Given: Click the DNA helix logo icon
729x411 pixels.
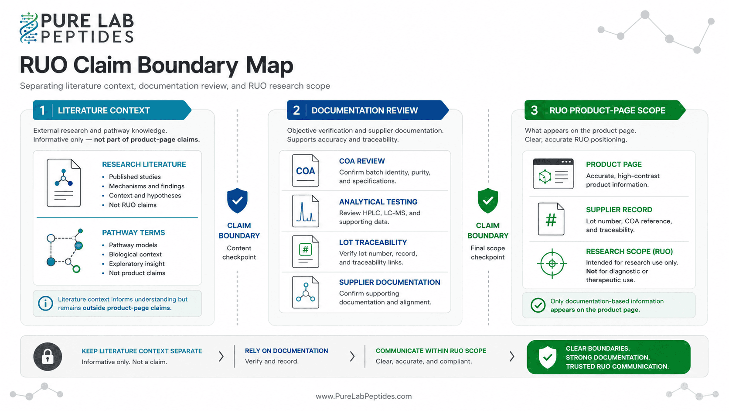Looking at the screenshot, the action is coord(29,28).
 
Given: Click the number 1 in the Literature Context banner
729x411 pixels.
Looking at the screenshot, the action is coord(42,111).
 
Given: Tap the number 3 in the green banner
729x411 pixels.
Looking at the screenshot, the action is coord(534,111).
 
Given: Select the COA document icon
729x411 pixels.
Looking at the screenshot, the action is coord(305,170).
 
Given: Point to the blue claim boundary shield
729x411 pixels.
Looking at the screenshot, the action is coord(237,200).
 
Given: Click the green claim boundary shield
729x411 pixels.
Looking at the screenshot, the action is coord(487,200).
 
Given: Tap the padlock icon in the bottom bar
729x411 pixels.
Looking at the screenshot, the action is coord(48,356).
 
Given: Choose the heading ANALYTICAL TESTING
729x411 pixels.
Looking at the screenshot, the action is coord(378,202).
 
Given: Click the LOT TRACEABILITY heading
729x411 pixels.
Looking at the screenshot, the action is coord(373,242).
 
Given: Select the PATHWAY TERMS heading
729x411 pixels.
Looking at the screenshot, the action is coord(133,233).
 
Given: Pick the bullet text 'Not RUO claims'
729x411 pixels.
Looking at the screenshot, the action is coord(133,205).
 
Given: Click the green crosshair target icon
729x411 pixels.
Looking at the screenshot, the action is coord(552,264).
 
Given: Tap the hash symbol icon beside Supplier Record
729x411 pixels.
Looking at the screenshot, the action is coord(551,219).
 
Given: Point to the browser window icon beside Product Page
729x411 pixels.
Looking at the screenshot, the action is coord(553,174).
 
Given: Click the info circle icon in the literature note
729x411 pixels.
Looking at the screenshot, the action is coord(45,304).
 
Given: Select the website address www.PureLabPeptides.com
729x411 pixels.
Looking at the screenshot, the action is coord(364,396).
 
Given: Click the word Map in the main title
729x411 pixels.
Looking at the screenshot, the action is coord(269,66).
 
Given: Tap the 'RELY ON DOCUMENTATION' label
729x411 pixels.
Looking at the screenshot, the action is coord(286,351).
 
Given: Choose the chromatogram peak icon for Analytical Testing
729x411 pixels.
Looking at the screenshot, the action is coord(305,211).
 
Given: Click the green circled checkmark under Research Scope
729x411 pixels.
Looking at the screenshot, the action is coord(538,305).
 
